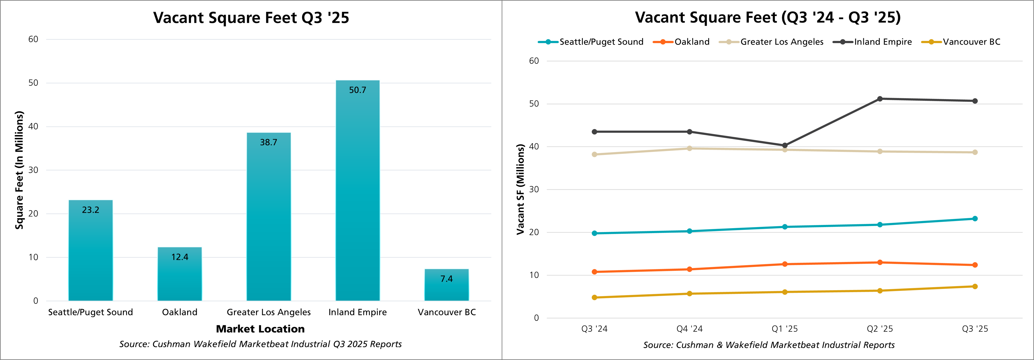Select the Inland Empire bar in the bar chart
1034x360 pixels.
pyautogui.click(x=357, y=191)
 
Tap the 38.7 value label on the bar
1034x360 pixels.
pyautogui.click(x=269, y=142)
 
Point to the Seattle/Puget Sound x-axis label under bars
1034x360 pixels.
pyautogui.click(x=90, y=312)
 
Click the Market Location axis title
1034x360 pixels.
pyautogui.click(x=260, y=329)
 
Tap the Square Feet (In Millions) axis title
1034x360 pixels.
pyautogui.click(x=19, y=170)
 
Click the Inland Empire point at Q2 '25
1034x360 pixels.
pyautogui.click(x=880, y=99)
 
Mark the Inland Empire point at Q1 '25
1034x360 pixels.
pyautogui.click(x=785, y=145)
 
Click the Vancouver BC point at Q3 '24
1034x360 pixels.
pyautogui.click(x=594, y=297)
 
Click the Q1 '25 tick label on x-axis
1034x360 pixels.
pyautogui.click(x=785, y=329)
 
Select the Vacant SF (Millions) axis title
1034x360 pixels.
pyautogui.click(x=521, y=189)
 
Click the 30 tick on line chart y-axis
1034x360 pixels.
pyautogui.click(x=534, y=189)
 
